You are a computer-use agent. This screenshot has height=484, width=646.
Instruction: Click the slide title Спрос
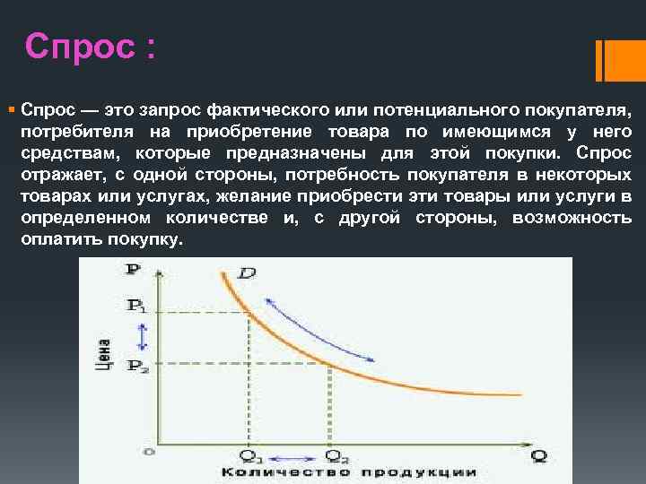coord(90,46)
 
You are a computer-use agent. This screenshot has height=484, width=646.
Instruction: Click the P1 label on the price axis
coord(136,307)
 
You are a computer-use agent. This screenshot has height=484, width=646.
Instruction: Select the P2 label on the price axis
coord(136,365)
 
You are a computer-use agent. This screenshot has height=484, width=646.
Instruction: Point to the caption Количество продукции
coord(348,473)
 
